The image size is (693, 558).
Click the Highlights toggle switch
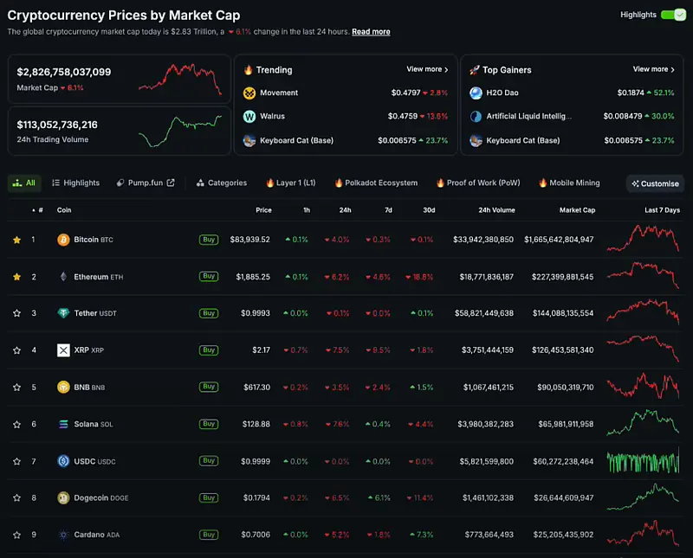point(673,15)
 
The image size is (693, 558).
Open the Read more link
point(371,32)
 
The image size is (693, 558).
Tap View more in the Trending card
point(427,69)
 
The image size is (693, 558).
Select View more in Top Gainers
point(654,69)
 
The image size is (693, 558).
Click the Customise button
point(655,183)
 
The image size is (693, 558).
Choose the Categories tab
point(222,183)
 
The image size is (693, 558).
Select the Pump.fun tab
point(146,183)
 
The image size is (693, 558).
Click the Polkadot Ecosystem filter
point(376,183)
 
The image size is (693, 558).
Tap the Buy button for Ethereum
point(209,276)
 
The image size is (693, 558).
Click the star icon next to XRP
point(16,350)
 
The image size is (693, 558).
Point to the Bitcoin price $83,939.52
point(249,240)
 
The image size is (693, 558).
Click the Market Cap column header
point(577,210)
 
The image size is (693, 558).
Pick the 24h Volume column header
point(496,210)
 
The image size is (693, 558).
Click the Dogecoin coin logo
point(63,498)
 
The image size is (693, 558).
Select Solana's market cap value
point(566,424)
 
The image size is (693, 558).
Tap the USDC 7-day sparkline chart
point(643,461)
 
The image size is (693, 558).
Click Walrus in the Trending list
point(272,116)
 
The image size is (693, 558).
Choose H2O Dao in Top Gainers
point(502,93)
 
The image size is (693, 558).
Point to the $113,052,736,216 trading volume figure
point(57,125)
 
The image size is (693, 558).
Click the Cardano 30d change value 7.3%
point(422,535)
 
